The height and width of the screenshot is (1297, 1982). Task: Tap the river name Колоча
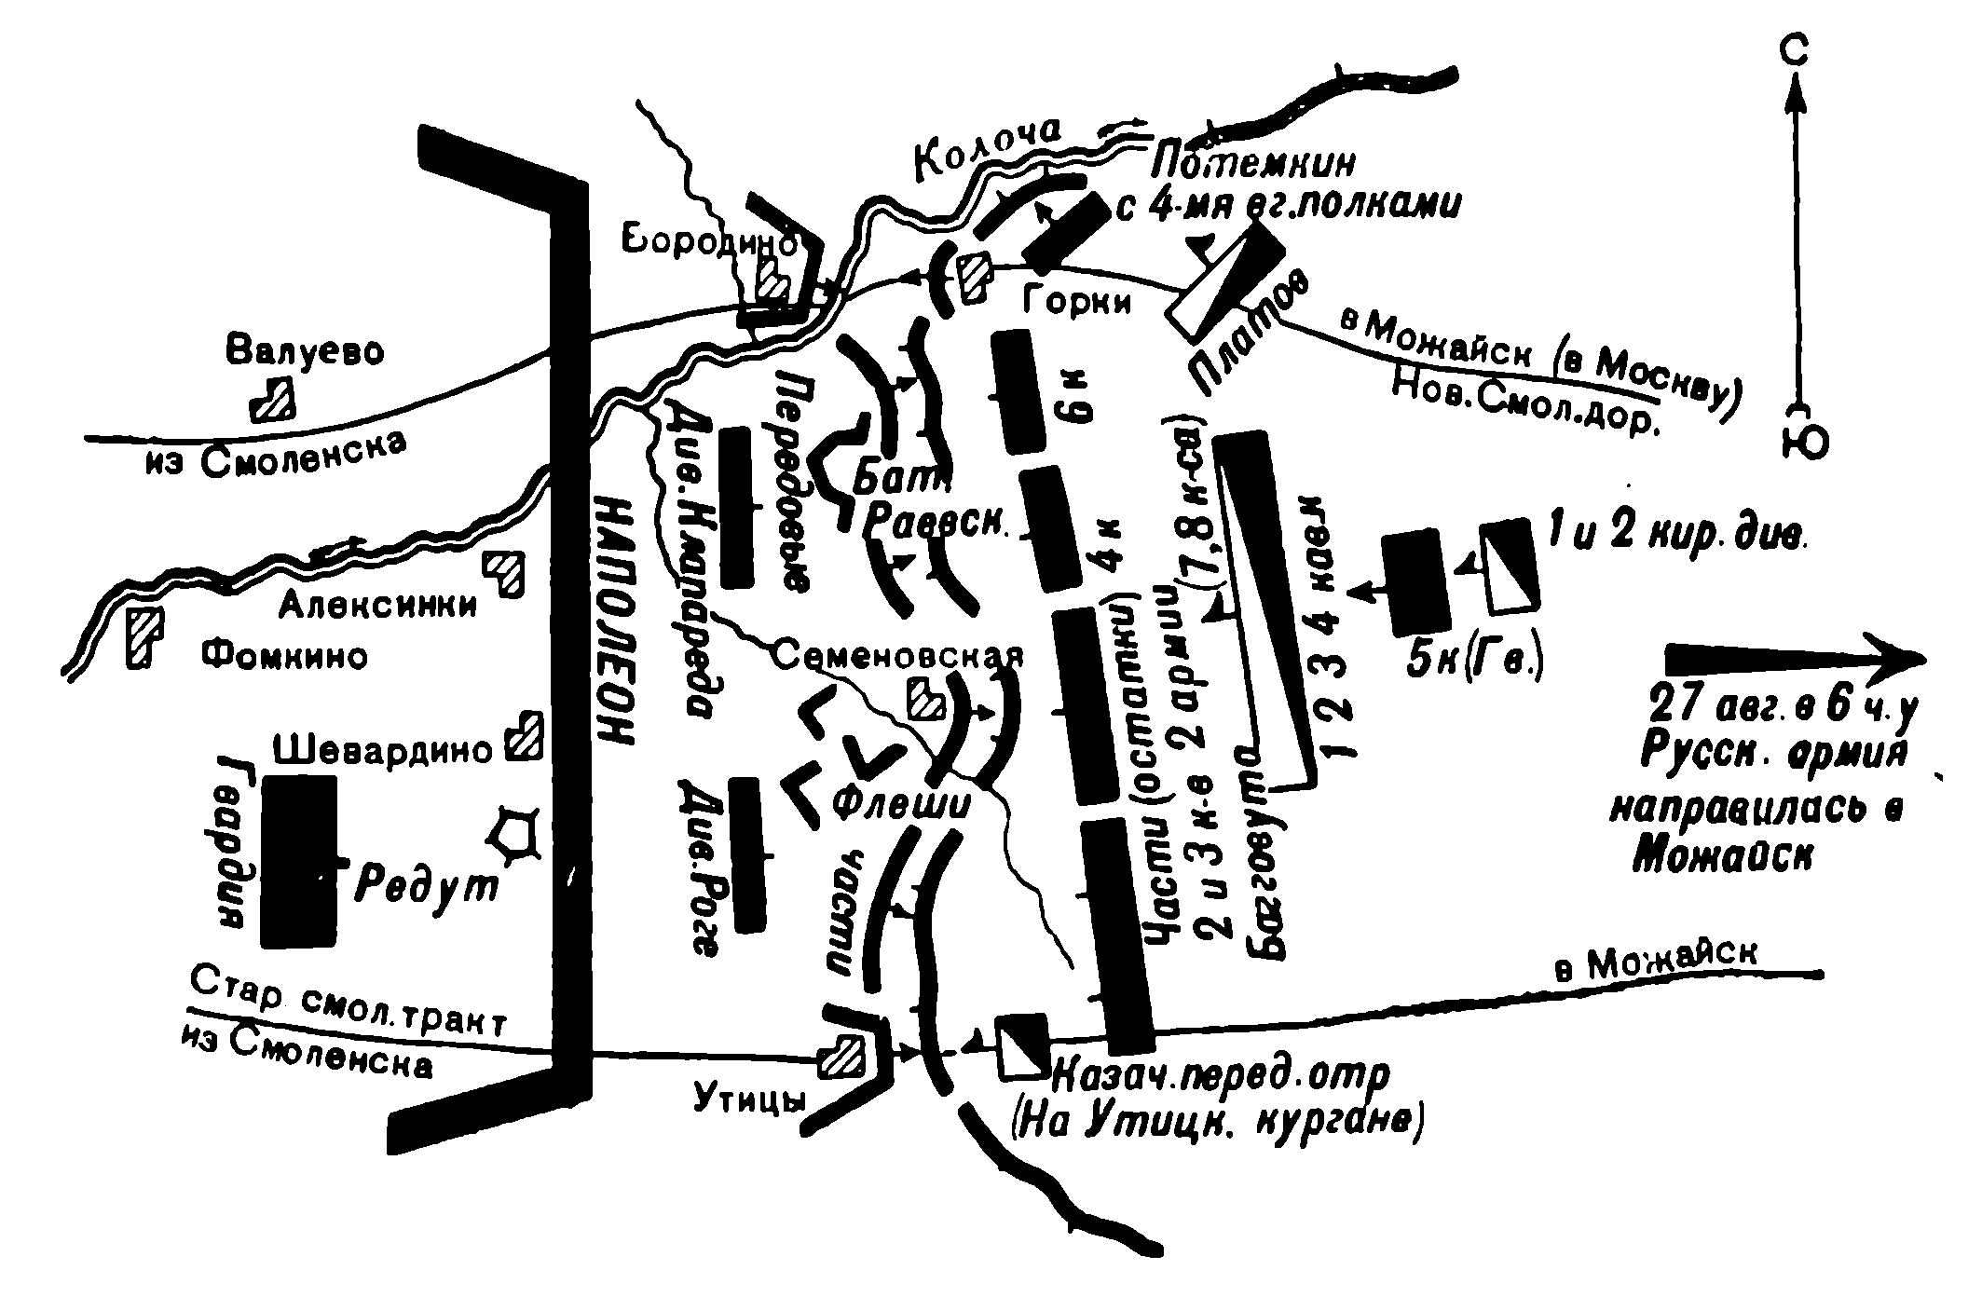[988, 152]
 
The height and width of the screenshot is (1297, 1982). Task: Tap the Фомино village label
[284, 657]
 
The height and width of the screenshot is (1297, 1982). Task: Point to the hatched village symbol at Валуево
[273, 402]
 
